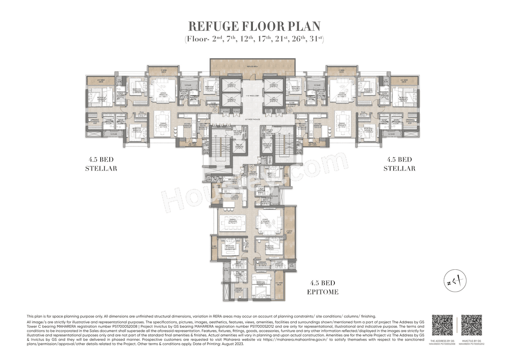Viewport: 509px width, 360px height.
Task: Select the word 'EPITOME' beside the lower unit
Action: [x=323, y=292]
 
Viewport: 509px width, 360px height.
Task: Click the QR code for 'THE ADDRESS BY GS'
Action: [x=442, y=325]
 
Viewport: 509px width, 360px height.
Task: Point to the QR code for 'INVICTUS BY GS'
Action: [x=471, y=325]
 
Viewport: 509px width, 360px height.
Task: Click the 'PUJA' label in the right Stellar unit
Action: [x=363, y=113]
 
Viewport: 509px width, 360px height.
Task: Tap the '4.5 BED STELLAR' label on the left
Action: [x=101, y=163]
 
